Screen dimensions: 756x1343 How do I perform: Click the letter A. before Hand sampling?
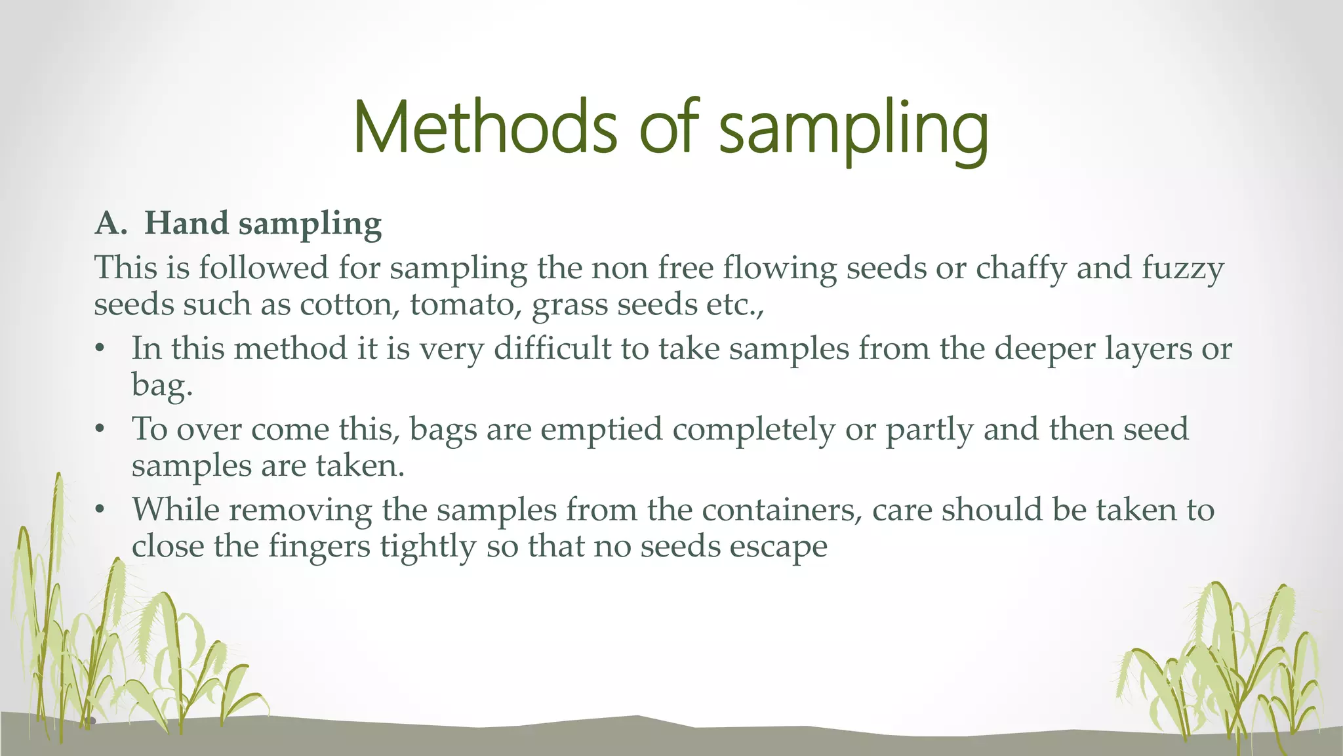(111, 223)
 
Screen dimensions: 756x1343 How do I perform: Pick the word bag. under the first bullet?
(162, 385)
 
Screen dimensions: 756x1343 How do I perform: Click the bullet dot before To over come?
(100, 430)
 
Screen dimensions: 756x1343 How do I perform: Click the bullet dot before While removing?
(100, 510)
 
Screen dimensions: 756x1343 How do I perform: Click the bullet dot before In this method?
(100, 349)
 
